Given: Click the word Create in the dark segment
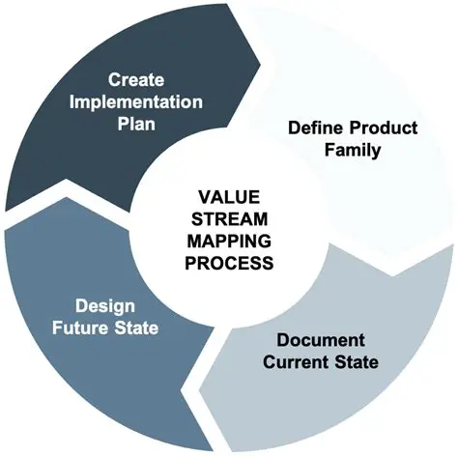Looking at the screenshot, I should coord(135,78).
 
